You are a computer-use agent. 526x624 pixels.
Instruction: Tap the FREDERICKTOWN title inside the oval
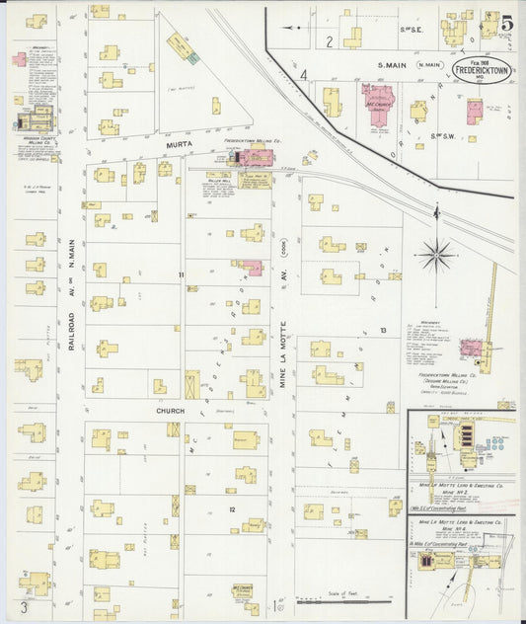point(487,72)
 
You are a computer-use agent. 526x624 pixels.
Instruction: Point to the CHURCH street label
point(169,410)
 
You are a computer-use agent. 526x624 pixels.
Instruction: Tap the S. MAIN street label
point(393,65)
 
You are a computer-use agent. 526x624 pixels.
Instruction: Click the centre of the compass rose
point(435,257)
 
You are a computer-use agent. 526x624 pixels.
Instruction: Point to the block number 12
point(232,509)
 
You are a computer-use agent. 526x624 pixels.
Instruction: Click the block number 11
point(181,274)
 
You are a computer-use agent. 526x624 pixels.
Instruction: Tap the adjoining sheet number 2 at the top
point(329,41)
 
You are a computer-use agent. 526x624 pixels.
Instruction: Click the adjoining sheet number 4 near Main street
point(304,75)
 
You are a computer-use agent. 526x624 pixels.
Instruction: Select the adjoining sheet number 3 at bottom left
point(22,605)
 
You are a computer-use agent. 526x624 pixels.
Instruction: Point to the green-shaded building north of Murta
point(193,58)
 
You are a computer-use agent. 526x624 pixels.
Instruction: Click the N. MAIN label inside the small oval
point(429,65)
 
